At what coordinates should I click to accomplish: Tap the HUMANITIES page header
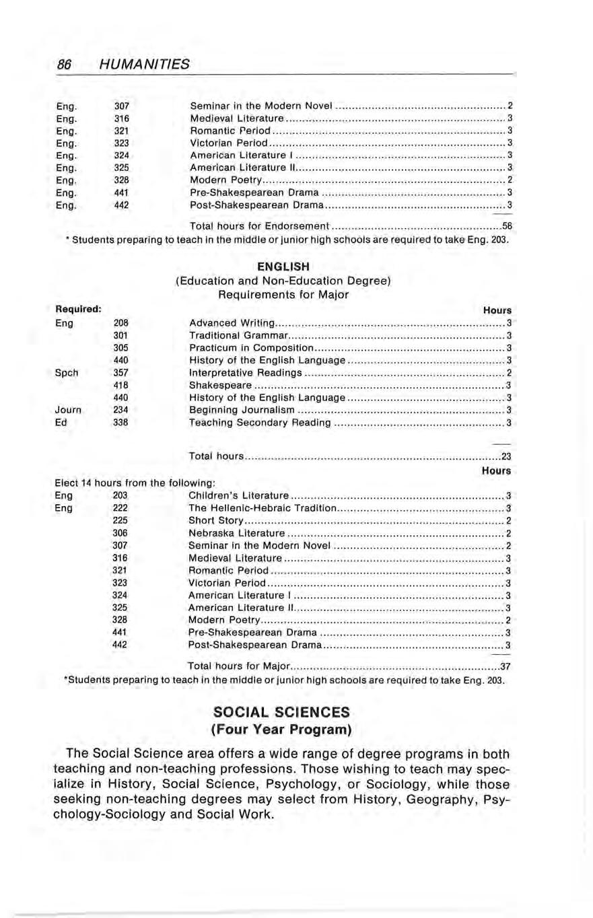[143, 65]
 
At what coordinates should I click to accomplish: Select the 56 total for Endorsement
[508, 225]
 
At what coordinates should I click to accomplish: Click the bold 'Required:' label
[78, 310]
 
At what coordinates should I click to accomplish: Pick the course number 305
[121, 347]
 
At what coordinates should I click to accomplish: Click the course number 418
[121, 385]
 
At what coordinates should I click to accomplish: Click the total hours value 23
[508, 458]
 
